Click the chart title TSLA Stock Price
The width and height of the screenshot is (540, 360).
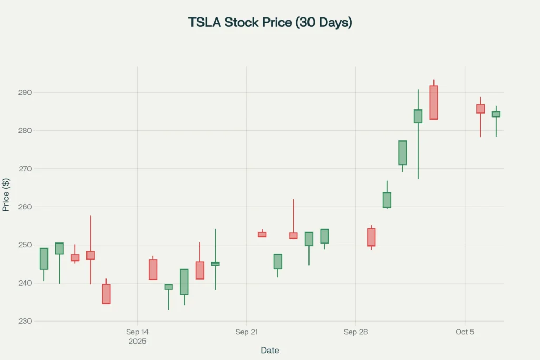click(270, 23)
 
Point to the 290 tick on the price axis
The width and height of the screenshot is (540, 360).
click(24, 93)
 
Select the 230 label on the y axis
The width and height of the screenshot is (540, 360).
click(24, 321)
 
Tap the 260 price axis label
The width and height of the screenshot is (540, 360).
click(24, 207)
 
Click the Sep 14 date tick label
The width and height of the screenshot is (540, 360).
click(137, 332)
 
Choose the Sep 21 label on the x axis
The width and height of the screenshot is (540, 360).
click(246, 332)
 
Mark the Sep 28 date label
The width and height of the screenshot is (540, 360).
click(355, 332)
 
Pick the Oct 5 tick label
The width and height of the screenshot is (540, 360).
click(465, 332)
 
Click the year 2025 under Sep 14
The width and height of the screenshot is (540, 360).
click(137, 342)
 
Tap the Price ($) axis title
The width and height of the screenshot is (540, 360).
click(6, 194)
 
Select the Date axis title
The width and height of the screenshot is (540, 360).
click(269, 351)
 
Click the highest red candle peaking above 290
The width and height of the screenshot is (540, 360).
click(433, 103)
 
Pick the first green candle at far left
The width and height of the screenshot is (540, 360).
click(44, 259)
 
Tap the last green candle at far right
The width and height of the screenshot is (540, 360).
click(496, 114)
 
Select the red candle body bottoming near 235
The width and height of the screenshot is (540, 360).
click(106, 294)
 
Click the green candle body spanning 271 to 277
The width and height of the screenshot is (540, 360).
click(402, 153)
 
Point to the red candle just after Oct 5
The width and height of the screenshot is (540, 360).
click(480, 109)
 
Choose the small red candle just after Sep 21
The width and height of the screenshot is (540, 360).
click(262, 235)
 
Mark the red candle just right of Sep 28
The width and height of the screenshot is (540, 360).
click(371, 237)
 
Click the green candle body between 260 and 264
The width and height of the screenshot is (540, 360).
click(387, 200)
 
